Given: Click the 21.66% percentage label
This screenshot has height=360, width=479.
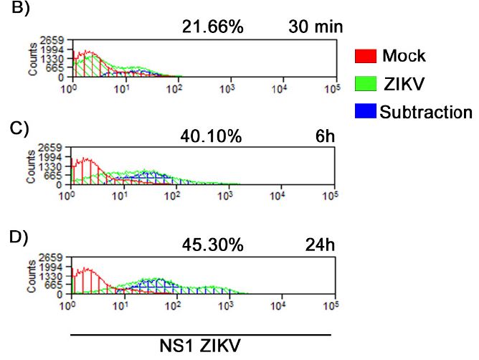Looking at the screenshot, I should [x=214, y=27].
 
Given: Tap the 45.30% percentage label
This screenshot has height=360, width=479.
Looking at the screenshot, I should [x=214, y=245].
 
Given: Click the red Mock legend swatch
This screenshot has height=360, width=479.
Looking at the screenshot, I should [x=366, y=56].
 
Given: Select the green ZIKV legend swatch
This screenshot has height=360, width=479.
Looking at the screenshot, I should [x=366, y=83].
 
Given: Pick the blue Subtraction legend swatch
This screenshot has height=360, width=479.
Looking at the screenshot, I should [x=366, y=111].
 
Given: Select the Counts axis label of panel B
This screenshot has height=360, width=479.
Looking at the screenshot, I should [x=33, y=60].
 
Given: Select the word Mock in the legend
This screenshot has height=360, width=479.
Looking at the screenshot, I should [x=403, y=56].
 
